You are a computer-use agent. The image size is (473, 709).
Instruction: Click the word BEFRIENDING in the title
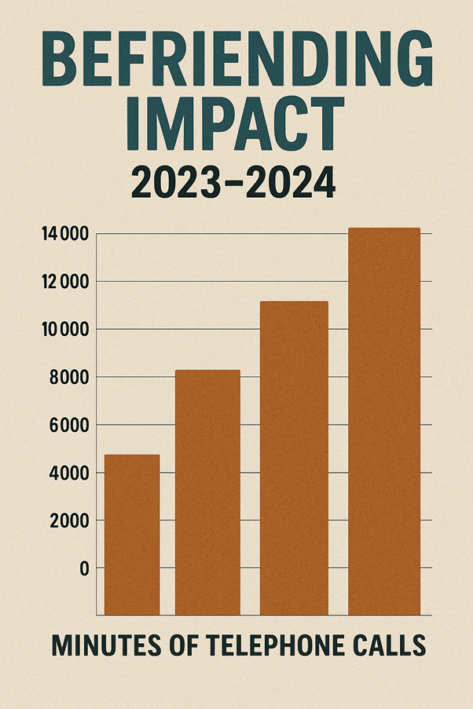point(236,61)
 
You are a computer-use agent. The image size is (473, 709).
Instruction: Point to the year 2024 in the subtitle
point(295,184)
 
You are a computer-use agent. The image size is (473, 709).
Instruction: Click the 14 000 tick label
point(64,234)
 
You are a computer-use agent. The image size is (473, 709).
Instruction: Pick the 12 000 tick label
point(64,282)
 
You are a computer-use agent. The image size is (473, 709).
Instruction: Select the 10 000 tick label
point(64,330)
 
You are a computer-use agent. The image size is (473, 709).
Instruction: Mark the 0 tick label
point(83,568)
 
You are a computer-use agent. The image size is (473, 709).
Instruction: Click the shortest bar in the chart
point(132,534)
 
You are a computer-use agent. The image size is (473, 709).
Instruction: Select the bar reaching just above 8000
point(207,492)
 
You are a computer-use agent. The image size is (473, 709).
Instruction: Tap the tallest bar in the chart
point(384,421)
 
